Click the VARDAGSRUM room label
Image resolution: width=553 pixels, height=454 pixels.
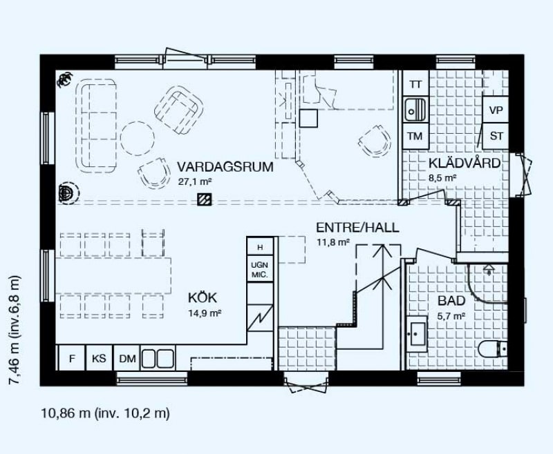tap(225, 166)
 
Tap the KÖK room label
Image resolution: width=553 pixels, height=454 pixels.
tap(203, 298)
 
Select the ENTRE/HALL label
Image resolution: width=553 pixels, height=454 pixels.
tap(357, 228)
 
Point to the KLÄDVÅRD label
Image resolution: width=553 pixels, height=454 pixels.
tap(465, 163)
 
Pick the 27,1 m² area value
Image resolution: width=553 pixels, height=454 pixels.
tap(195, 181)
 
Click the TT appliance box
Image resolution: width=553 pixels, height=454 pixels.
tap(416, 84)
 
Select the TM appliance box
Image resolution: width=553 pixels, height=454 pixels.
tap(415, 136)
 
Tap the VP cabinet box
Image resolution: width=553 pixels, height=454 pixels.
tap(496, 110)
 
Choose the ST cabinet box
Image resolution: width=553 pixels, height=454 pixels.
tap(496, 136)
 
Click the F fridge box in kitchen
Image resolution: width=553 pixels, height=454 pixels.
tap(72, 358)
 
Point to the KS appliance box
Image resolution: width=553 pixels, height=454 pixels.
tap(99, 358)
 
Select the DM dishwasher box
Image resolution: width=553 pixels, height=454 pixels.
tap(127, 358)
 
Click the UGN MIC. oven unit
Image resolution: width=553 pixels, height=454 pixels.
tap(260, 269)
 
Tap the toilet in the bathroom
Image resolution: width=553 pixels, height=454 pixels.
tap(493, 350)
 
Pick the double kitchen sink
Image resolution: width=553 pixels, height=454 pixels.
tap(158, 358)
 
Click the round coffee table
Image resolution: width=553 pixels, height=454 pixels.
tap(137, 138)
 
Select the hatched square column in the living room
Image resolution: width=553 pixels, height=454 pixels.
tap(204, 199)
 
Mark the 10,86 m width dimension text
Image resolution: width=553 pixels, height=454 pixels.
tap(66, 413)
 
